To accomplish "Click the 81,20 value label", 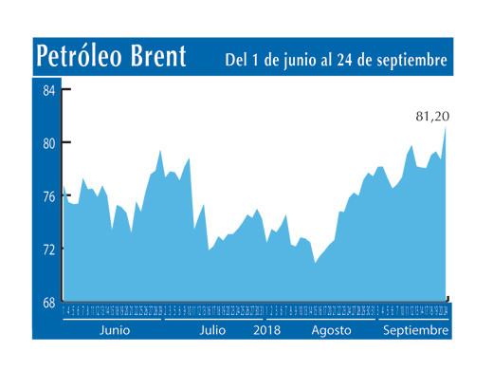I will click(432, 117).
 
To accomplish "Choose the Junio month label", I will click(114, 330).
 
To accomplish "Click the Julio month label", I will click(213, 330).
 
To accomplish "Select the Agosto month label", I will click(332, 330).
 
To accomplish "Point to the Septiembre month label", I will click(413, 330).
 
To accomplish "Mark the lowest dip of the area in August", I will click(315, 263).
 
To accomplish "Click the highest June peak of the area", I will click(160, 151).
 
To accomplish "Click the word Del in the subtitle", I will click(237, 61).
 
